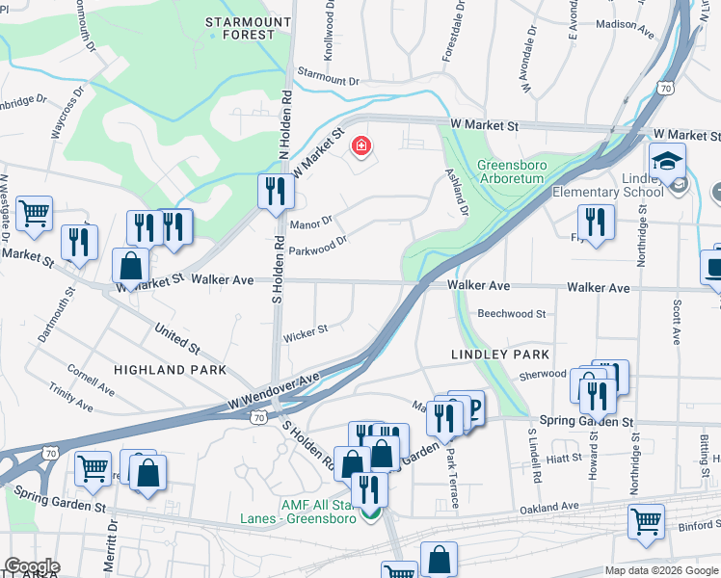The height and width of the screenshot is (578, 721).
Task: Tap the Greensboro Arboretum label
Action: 512,172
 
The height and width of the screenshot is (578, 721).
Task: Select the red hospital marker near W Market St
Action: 361,146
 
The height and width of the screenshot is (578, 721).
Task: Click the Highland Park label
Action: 170,370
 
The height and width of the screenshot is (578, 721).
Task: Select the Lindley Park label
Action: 500,355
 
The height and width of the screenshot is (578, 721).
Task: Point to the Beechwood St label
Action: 512,314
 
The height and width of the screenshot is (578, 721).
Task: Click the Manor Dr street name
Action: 310,222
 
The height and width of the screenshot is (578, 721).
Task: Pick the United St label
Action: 176,337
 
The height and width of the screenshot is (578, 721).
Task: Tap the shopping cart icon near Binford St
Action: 646,521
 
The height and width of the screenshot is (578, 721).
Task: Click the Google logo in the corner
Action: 31,566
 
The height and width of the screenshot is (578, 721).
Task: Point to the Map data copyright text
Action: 661,570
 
